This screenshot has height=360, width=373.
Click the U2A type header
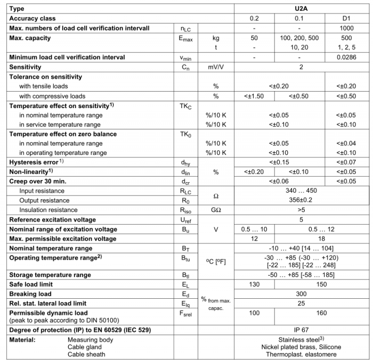[302, 9]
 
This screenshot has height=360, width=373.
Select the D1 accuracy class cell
[346, 19]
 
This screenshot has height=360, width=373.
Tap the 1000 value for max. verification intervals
[346, 28]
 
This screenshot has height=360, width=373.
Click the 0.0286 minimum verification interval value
[346, 57]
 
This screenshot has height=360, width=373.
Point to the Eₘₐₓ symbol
[185, 38]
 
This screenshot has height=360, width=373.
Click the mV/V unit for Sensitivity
[216, 67]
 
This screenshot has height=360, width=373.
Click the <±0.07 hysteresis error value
[346, 162]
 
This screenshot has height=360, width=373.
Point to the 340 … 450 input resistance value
[301, 191]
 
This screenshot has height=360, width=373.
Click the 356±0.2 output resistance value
[301, 200]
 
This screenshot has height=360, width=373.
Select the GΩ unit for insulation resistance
[216, 210]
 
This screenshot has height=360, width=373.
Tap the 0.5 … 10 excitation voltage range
[254, 229]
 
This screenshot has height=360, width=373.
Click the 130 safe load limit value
[254, 284]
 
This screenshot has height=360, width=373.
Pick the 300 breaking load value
[301, 293]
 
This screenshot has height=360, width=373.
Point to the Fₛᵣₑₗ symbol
[185, 313]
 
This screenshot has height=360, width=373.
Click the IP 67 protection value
[301, 330]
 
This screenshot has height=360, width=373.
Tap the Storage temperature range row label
[50, 275]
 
